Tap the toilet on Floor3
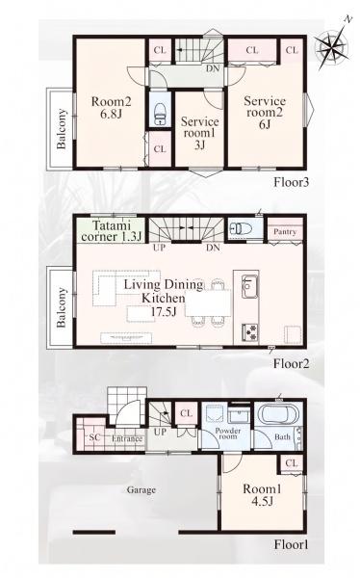[160, 114]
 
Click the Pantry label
[285, 232]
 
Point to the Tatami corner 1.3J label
[111, 231]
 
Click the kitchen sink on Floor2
[249, 286]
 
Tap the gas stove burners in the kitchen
[250, 331]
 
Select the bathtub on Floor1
[278, 414]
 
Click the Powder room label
[228, 433]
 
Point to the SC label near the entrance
[94, 437]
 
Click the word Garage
[141, 490]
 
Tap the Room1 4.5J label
[262, 495]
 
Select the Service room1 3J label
[199, 133]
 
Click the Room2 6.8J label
[112, 107]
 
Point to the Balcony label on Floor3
[62, 129]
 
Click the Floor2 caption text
[291, 364]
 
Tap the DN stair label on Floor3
[213, 68]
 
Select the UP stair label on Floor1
[160, 432]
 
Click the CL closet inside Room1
[292, 463]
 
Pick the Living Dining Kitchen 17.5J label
[164, 298]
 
